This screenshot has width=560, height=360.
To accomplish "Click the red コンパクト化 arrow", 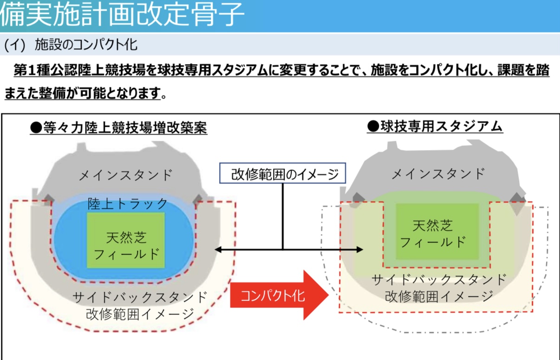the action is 279,295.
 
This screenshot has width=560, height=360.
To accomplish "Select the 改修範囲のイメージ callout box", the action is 282,173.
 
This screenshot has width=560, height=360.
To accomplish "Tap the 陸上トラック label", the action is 128,203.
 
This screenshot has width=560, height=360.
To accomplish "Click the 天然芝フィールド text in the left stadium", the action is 126,246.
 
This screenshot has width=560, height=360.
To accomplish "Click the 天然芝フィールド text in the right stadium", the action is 433,234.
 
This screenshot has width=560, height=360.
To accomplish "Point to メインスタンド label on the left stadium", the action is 126,175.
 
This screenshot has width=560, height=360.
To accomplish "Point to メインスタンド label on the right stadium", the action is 438,174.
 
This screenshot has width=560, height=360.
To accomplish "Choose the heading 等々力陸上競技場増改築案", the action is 125,128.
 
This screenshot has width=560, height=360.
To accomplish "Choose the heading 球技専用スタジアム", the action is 442,126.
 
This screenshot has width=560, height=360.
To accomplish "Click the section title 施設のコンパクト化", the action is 86,45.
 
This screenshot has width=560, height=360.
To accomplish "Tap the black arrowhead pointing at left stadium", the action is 218,249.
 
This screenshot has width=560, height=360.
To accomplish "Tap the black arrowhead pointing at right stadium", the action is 359,249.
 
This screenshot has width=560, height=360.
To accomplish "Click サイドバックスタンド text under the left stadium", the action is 140,297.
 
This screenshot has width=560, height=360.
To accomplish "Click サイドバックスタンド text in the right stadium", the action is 439,280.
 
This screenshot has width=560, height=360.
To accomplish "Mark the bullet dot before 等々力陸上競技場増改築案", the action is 36,128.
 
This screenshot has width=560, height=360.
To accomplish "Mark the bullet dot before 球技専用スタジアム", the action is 373,126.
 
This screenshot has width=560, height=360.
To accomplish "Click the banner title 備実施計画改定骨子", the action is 122,14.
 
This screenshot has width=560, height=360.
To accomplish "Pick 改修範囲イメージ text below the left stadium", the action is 140,314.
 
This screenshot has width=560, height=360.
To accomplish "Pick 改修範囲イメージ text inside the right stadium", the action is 439,296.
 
